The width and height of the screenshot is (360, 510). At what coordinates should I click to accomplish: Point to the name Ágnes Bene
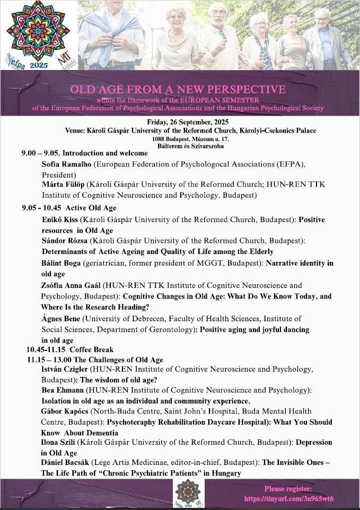[60, 319]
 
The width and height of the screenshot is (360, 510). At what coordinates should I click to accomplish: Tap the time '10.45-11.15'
[46, 350]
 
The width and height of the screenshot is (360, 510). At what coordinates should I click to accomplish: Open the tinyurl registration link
[289, 499]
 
